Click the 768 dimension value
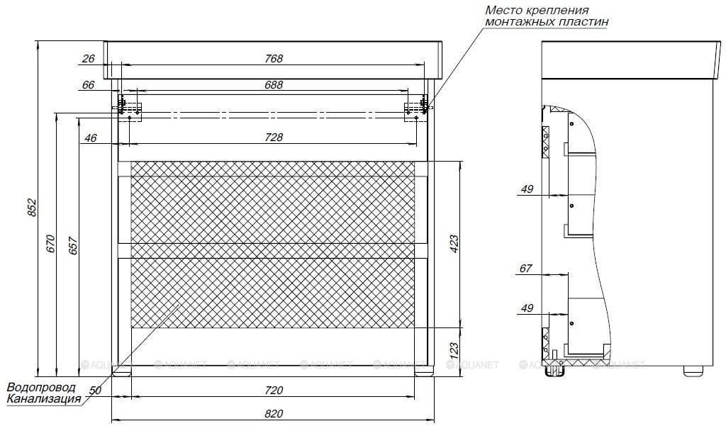274,59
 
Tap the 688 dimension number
274,85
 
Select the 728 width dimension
274,138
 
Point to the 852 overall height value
32,208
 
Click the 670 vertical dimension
50,244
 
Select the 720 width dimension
274,391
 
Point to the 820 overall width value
274,413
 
